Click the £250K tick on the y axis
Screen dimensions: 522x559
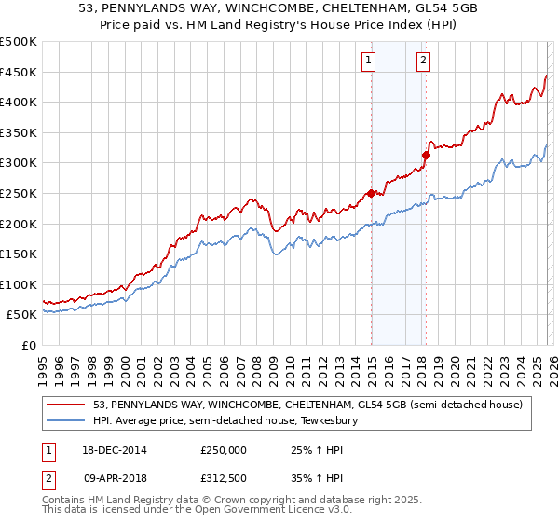click(18, 193)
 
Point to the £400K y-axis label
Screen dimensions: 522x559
click(18, 102)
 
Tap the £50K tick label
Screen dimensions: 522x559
click(20, 315)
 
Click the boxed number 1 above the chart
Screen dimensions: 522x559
click(369, 61)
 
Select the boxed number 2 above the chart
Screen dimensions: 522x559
click(423, 61)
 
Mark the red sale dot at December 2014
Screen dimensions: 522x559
click(371, 193)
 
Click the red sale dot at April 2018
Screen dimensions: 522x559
click(426, 155)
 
